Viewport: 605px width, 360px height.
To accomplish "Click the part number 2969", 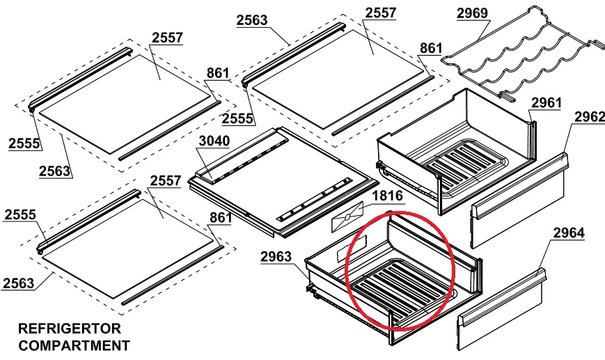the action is pos(472,13).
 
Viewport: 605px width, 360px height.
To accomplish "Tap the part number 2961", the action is pos(547,103).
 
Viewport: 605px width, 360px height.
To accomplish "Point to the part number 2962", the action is pos(590,116).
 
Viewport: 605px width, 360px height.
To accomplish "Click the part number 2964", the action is pos(569,233).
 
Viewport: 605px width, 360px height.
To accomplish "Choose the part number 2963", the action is pos(276,256).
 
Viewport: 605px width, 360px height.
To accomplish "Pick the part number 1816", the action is pos(387,196).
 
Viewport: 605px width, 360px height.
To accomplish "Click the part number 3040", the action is pos(214,141).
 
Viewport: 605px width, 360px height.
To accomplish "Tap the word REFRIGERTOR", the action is pos(70,329).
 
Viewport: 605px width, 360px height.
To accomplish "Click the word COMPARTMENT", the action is pos(74,345).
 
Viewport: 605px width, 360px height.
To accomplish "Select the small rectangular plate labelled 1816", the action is pos(347,217).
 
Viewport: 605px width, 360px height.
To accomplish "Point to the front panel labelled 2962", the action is pos(519,200).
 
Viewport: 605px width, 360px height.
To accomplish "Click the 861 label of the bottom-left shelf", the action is pos(220,218).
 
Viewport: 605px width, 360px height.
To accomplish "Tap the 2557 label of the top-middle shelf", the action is pos(380,13).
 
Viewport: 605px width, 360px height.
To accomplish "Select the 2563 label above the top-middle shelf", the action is pos(252,20).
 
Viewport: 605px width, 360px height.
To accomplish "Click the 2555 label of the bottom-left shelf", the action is pos(20,215).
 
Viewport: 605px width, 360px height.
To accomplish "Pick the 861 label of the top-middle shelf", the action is pos(430,48).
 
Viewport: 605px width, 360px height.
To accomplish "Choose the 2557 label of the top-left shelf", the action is pos(167,38).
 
